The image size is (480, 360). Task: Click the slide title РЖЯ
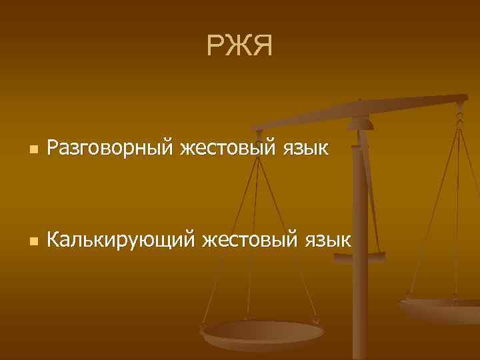click(x=239, y=46)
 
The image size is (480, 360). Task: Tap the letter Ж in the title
click(x=239, y=46)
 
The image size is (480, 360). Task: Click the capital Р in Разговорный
click(x=53, y=147)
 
